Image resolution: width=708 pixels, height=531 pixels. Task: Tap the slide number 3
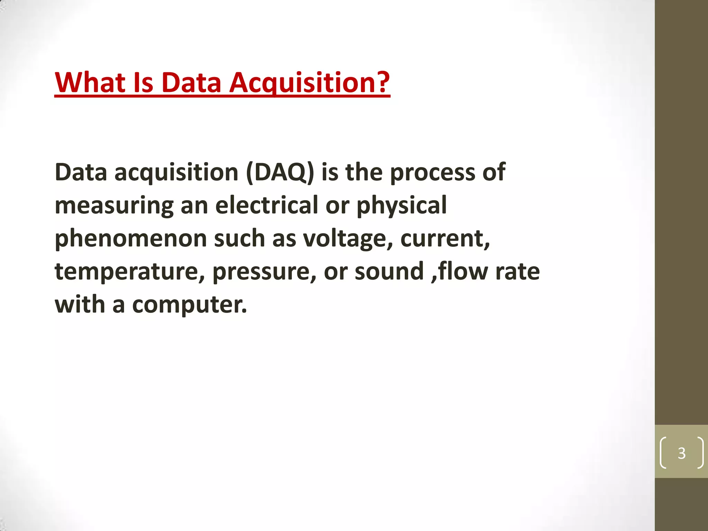coord(681,453)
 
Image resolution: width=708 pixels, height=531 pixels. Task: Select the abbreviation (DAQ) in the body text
coord(280,172)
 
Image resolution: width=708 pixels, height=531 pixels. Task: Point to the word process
coord(432,172)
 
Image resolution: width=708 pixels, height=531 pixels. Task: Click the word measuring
coord(114,205)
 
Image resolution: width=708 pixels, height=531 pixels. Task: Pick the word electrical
coord(266,205)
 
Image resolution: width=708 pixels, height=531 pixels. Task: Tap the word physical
coord(401,205)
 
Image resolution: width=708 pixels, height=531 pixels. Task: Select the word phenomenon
coord(131,239)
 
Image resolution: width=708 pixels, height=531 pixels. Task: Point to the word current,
coord(445,239)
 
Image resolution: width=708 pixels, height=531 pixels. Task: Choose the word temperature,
coord(130,272)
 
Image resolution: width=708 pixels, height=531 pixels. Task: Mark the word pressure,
coord(264,272)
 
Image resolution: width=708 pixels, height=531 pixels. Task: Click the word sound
coord(389,271)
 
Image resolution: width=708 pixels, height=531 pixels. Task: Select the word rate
coord(518,272)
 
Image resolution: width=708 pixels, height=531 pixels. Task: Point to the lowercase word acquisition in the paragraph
coord(176,172)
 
